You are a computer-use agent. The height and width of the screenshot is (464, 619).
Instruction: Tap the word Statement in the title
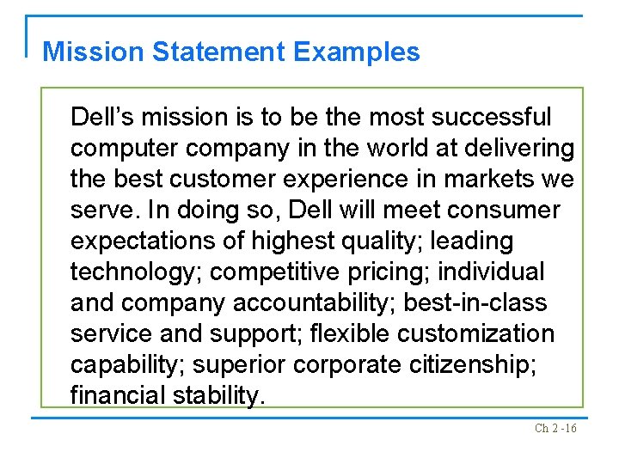(219, 52)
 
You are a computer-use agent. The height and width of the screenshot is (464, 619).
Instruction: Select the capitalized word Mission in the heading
(94, 52)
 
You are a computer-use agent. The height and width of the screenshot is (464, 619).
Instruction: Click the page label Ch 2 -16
(555, 428)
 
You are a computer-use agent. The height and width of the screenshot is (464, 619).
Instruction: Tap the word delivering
(518, 149)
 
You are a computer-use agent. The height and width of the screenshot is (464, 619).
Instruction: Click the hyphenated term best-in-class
(486, 303)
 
